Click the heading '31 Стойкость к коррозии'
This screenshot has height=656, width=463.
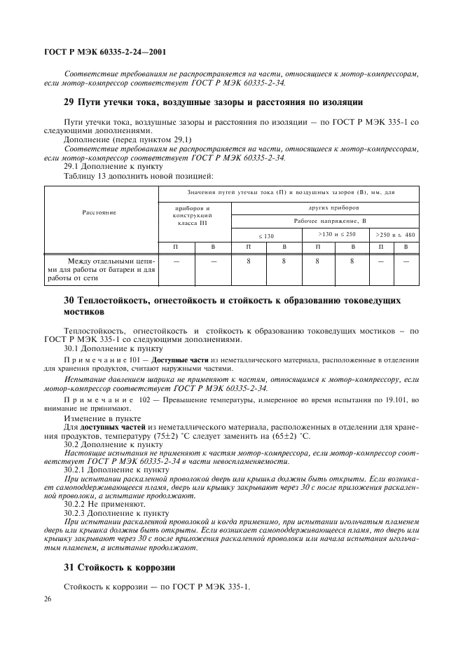(109, 567)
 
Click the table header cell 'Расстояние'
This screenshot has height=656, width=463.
(99, 211)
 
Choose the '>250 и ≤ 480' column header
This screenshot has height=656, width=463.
(395, 234)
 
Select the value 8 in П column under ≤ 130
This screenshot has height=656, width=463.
(248, 261)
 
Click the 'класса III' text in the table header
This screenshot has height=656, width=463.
(193, 223)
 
